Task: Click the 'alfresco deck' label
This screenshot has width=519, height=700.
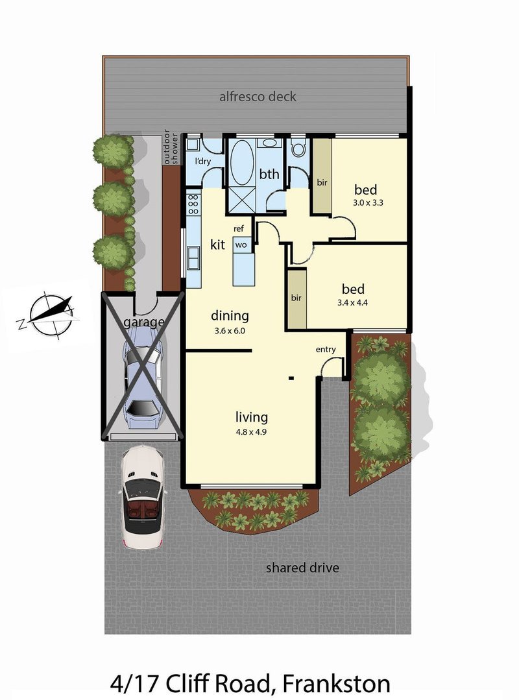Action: pos(258,97)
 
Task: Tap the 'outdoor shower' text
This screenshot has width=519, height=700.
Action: pos(171,147)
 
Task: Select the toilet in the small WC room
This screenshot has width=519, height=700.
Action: pos(298,147)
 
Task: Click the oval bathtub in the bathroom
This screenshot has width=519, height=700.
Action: pos(241,162)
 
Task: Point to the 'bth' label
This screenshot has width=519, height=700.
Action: pos(269,174)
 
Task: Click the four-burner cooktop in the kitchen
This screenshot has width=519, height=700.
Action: pos(193,204)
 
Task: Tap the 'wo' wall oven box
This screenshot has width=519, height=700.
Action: pos(241,245)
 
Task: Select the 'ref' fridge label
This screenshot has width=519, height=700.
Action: pos(239,228)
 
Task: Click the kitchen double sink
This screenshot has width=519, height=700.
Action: pos(193,258)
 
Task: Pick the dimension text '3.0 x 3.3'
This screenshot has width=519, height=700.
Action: pos(368,202)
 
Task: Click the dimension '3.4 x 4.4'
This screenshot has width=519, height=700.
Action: pos(352,303)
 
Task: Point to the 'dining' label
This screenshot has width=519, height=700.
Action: pos(230,316)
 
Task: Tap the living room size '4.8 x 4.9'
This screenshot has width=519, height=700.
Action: pos(251,431)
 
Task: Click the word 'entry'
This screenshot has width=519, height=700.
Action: pos(325,350)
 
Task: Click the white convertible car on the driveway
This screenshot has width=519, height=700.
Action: pos(142,496)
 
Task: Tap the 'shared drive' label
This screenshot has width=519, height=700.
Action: pos(302,568)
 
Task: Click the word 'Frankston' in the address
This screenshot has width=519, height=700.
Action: pos(337,684)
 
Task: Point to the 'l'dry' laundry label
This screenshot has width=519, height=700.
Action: pos(202,162)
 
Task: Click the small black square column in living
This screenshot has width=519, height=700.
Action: pos(291,379)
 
